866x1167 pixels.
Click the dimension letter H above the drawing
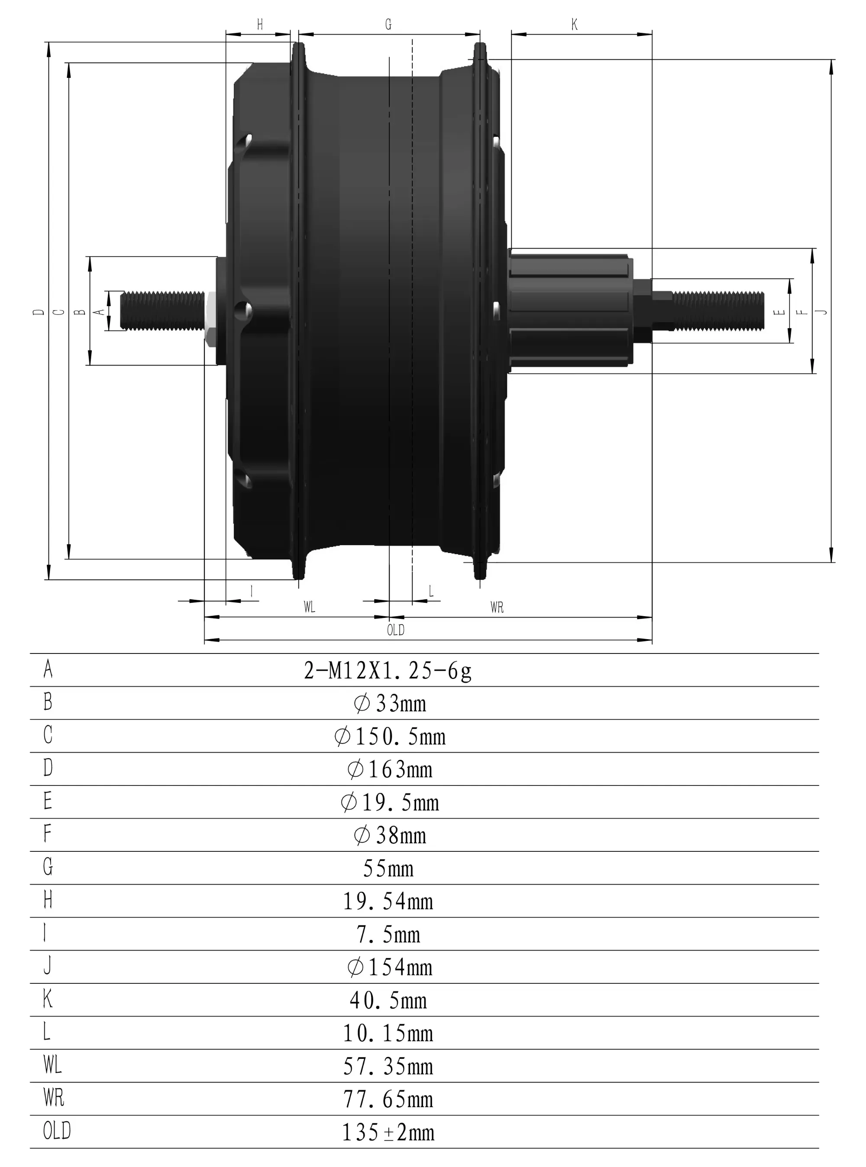click(x=260, y=25)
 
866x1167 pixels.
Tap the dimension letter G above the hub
click(x=388, y=25)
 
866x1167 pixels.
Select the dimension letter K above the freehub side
click(x=575, y=25)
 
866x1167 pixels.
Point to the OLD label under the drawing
click(x=396, y=630)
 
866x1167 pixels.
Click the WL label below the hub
click(x=309, y=608)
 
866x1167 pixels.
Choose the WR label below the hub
click(x=497, y=608)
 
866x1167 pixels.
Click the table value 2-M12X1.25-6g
click(x=388, y=670)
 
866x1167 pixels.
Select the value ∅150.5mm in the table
click(x=390, y=737)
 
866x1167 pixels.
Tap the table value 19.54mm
click(x=388, y=902)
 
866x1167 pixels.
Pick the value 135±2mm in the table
click(x=388, y=1132)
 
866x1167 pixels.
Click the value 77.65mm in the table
click(x=388, y=1099)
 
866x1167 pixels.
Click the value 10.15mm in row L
click(x=388, y=1033)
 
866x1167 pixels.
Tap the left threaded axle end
click(x=162, y=311)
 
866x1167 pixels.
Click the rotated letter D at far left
click(x=38, y=312)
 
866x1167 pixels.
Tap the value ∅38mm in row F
click(x=390, y=836)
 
